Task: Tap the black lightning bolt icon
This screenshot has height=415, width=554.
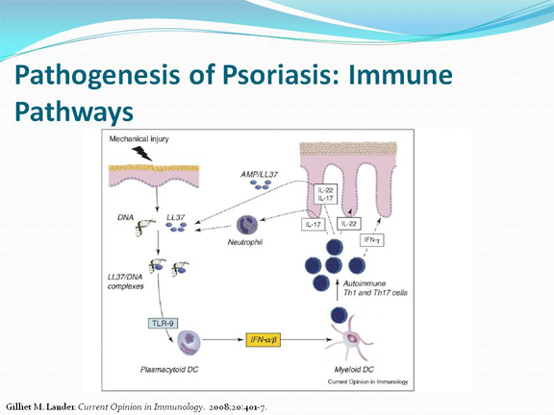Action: [141, 154]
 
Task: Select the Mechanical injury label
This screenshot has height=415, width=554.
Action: [138, 139]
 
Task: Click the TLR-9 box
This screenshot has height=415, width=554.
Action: [163, 323]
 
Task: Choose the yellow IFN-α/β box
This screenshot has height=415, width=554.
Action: [264, 340]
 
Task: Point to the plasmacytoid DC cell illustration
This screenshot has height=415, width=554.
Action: [189, 342]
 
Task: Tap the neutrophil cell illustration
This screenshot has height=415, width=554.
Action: [246, 225]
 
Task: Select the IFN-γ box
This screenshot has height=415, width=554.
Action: [371, 240]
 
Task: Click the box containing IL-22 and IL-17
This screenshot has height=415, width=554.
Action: [325, 194]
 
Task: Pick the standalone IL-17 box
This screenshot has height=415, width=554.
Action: [313, 225]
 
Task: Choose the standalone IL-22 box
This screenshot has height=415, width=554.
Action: [349, 224]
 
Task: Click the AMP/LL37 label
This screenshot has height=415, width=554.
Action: [260, 174]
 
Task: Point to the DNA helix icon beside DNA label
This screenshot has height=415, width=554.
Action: [145, 228]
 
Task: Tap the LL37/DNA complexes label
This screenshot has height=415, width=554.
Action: [125, 281]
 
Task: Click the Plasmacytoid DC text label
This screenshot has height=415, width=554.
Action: [169, 370]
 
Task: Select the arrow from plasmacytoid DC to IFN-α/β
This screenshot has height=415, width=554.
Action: [224, 340]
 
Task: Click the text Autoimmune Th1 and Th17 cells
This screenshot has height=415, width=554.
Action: [375, 288]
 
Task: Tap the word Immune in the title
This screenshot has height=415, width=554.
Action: [400, 75]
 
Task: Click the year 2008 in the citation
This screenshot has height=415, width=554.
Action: [218, 407]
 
